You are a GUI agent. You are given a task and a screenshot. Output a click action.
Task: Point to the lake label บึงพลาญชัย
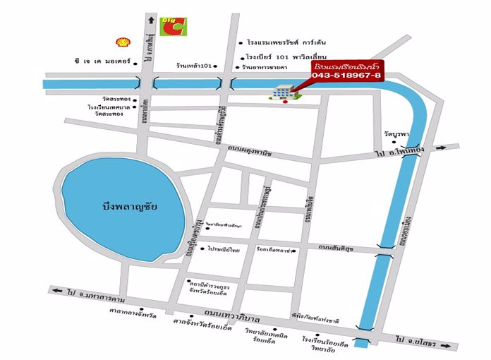click(128, 206)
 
